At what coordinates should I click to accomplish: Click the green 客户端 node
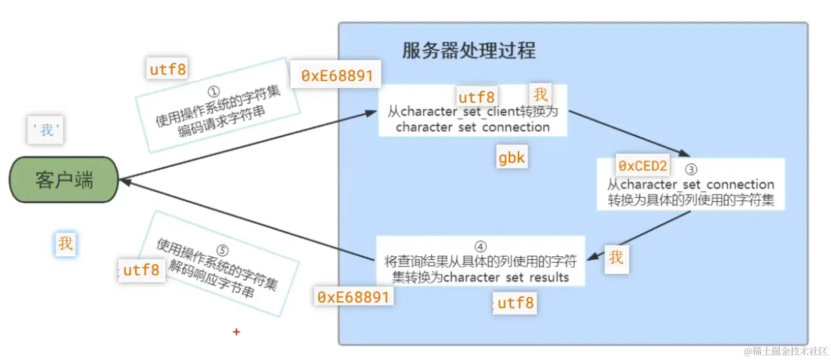pyautogui.click(x=64, y=180)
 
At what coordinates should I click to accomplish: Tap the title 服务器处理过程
pyautogui.click(x=468, y=51)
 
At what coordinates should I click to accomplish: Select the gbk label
pyautogui.click(x=511, y=157)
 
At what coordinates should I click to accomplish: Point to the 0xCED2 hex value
pyautogui.click(x=642, y=166)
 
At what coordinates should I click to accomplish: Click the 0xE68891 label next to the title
pyautogui.click(x=336, y=75)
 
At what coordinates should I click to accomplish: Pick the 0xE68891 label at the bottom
pyautogui.click(x=353, y=297)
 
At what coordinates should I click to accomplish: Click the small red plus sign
pyautogui.click(x=236, y=332)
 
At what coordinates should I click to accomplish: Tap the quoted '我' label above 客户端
pyautogui.click(x=46, y=130)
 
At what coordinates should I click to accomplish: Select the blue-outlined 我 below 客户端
pyautogui.click(x=65, y=243)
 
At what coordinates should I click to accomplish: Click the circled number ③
pyautogui.click(x=691, y=169)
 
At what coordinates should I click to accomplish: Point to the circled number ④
pyautogui.click(x=480, y=246)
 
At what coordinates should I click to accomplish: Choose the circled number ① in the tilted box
pyautogui.click(x=213, y=92)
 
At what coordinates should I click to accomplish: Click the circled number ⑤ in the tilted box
pyautogui.click(x=222, y=250)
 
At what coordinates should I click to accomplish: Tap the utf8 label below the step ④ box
pyautogui.click(x=515, y=303)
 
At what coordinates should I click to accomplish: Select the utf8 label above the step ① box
pyautogui.click(x=167, y=69)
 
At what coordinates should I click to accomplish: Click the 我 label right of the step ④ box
pyautogui.click(x=616, y=257)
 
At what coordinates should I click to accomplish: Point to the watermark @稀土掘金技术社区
pyautogui.click(x=785, y=351)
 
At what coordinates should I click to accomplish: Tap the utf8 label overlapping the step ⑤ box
pyautogui.click(x=141, y=270)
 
